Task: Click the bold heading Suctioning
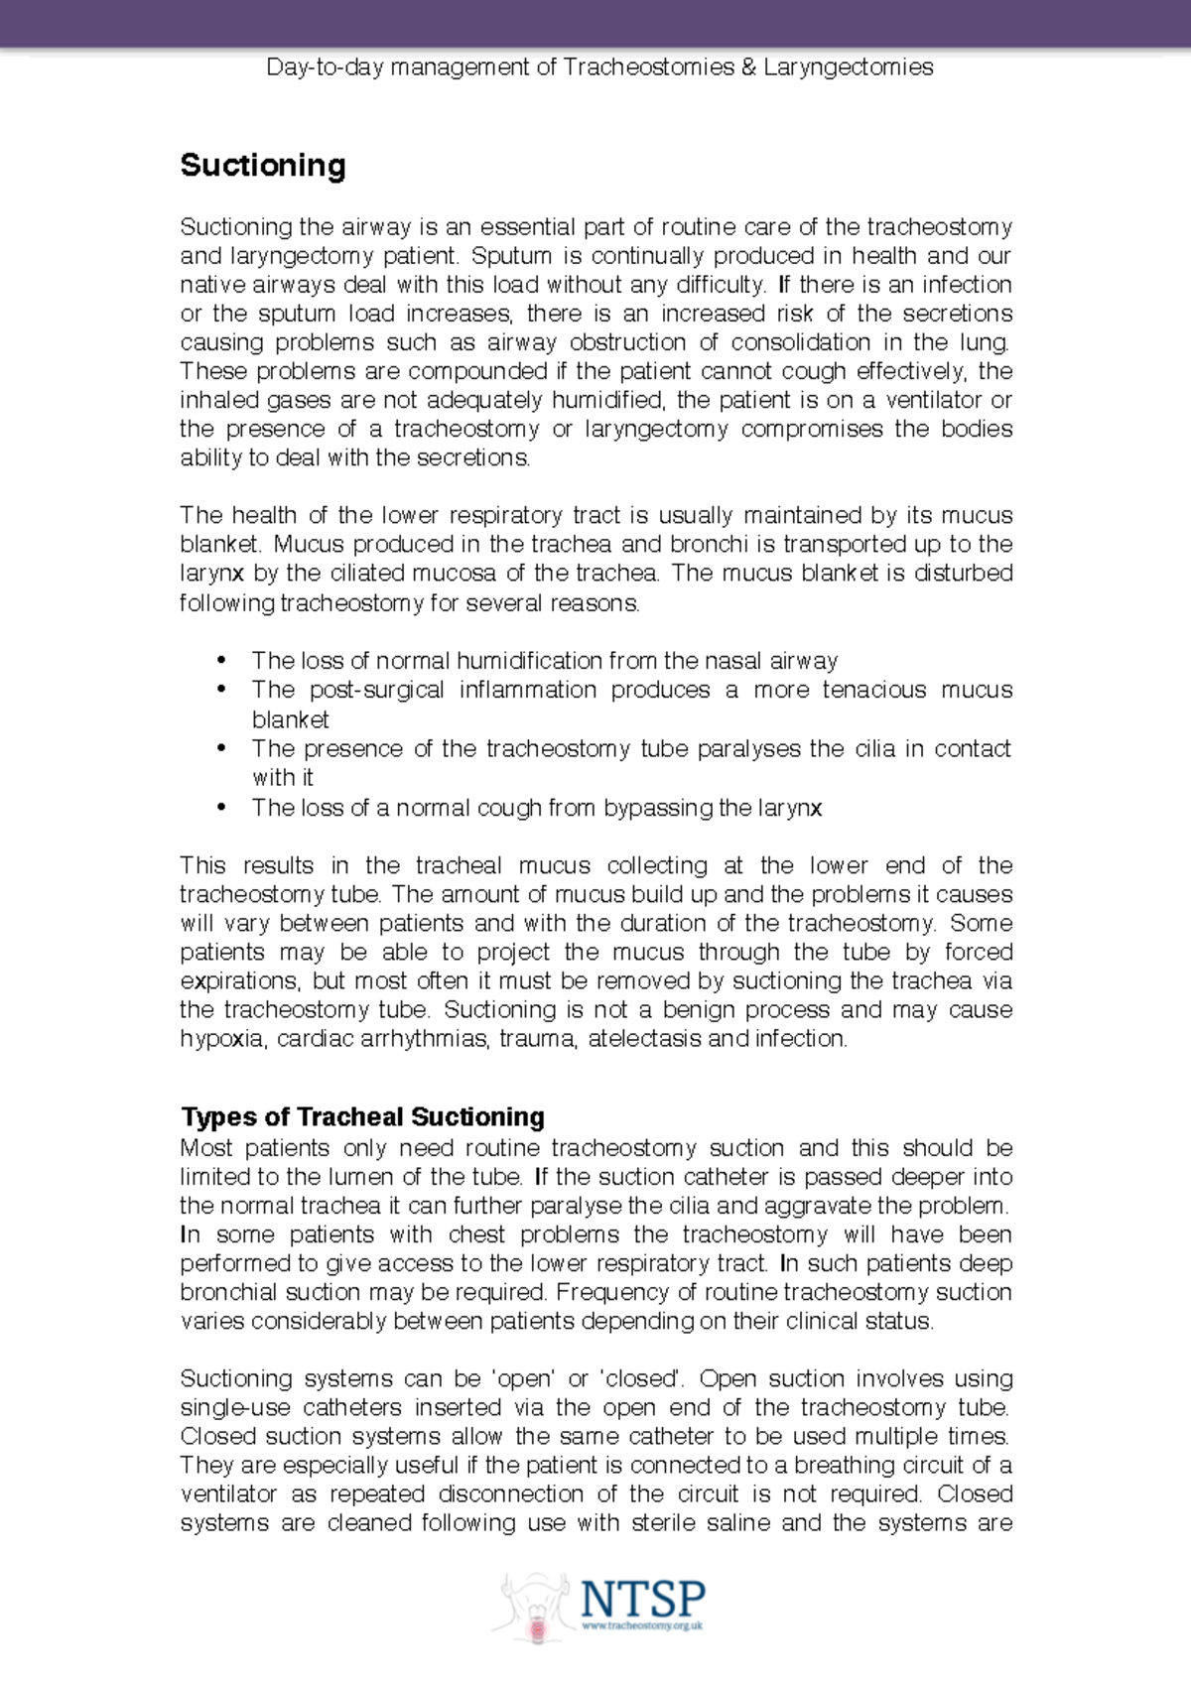[263, 165]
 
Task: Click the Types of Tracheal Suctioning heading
[362, 1117]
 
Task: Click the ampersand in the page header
[749, 67]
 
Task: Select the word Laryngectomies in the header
[849, 67]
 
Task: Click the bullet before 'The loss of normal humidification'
[221, 661]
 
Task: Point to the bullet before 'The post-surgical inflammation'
[221, 690]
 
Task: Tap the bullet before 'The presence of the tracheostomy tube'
[221, 748]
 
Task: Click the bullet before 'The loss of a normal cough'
[221, 808]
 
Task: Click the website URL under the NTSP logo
[642, 1626]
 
